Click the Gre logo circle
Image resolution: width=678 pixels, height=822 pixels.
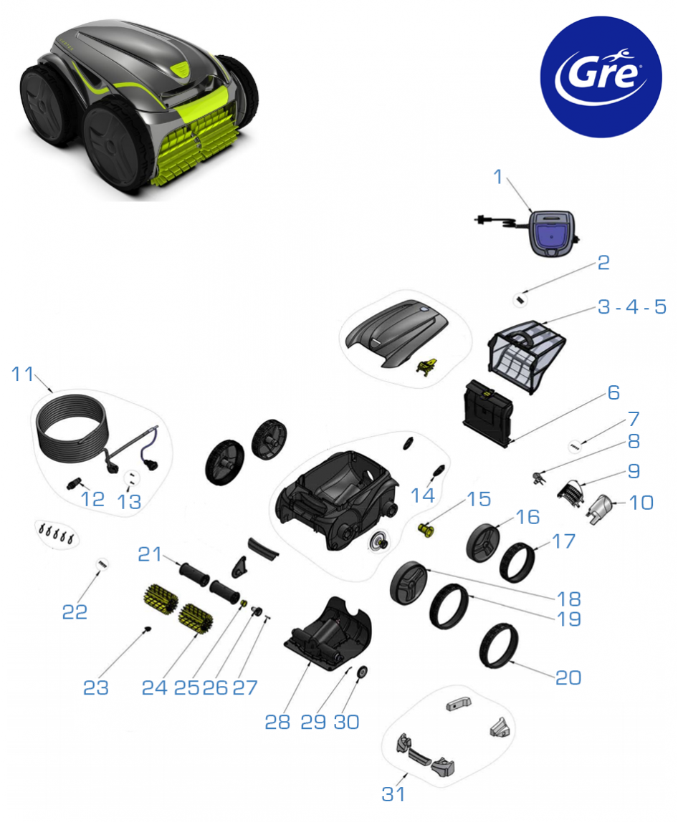[x=601, y=77]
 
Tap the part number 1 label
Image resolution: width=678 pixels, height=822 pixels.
[x=498, y=177]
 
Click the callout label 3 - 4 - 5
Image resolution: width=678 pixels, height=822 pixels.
[x=632, y=306]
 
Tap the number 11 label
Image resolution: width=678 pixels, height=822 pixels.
[x=22, y=374]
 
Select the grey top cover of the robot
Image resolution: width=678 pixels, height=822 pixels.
[x=397, y=332]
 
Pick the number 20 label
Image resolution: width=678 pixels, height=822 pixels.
[x=568, y=677]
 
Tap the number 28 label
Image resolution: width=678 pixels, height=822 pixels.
[x=277, y=722]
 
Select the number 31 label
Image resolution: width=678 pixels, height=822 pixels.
[x=393, y=794]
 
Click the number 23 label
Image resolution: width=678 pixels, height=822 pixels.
[x=96, y=688]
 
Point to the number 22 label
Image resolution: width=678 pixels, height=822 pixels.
[x=75, y=611]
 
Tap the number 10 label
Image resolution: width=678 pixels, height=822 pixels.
[x=641, y=503]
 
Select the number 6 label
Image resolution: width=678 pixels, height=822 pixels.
[x=613, y=392]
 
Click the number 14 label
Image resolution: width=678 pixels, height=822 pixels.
[x=423, y=495]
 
